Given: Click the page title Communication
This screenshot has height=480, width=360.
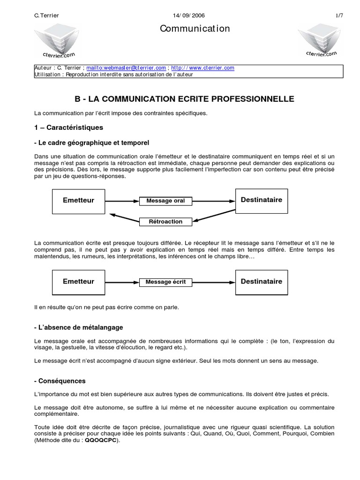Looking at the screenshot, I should (x=195, y=29).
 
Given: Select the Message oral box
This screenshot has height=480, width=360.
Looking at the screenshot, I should (x=165, y=201).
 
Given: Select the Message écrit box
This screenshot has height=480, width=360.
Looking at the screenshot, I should (x=166, y=282).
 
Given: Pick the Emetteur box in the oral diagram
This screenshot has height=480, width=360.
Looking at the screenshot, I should (x=78, y=200).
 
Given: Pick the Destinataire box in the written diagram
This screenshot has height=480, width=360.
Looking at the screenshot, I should (x=261, y=282).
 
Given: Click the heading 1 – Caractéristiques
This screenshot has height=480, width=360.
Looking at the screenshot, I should (x=68, y=127).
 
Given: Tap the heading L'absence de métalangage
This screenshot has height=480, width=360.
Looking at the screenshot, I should (x=79, y=327).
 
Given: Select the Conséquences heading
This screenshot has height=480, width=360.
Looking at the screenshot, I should (x=60, y=381).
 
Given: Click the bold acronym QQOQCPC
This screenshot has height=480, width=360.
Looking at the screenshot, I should (x=102, y=441).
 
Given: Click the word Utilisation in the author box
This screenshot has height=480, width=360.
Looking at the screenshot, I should (x=48, y=74).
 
